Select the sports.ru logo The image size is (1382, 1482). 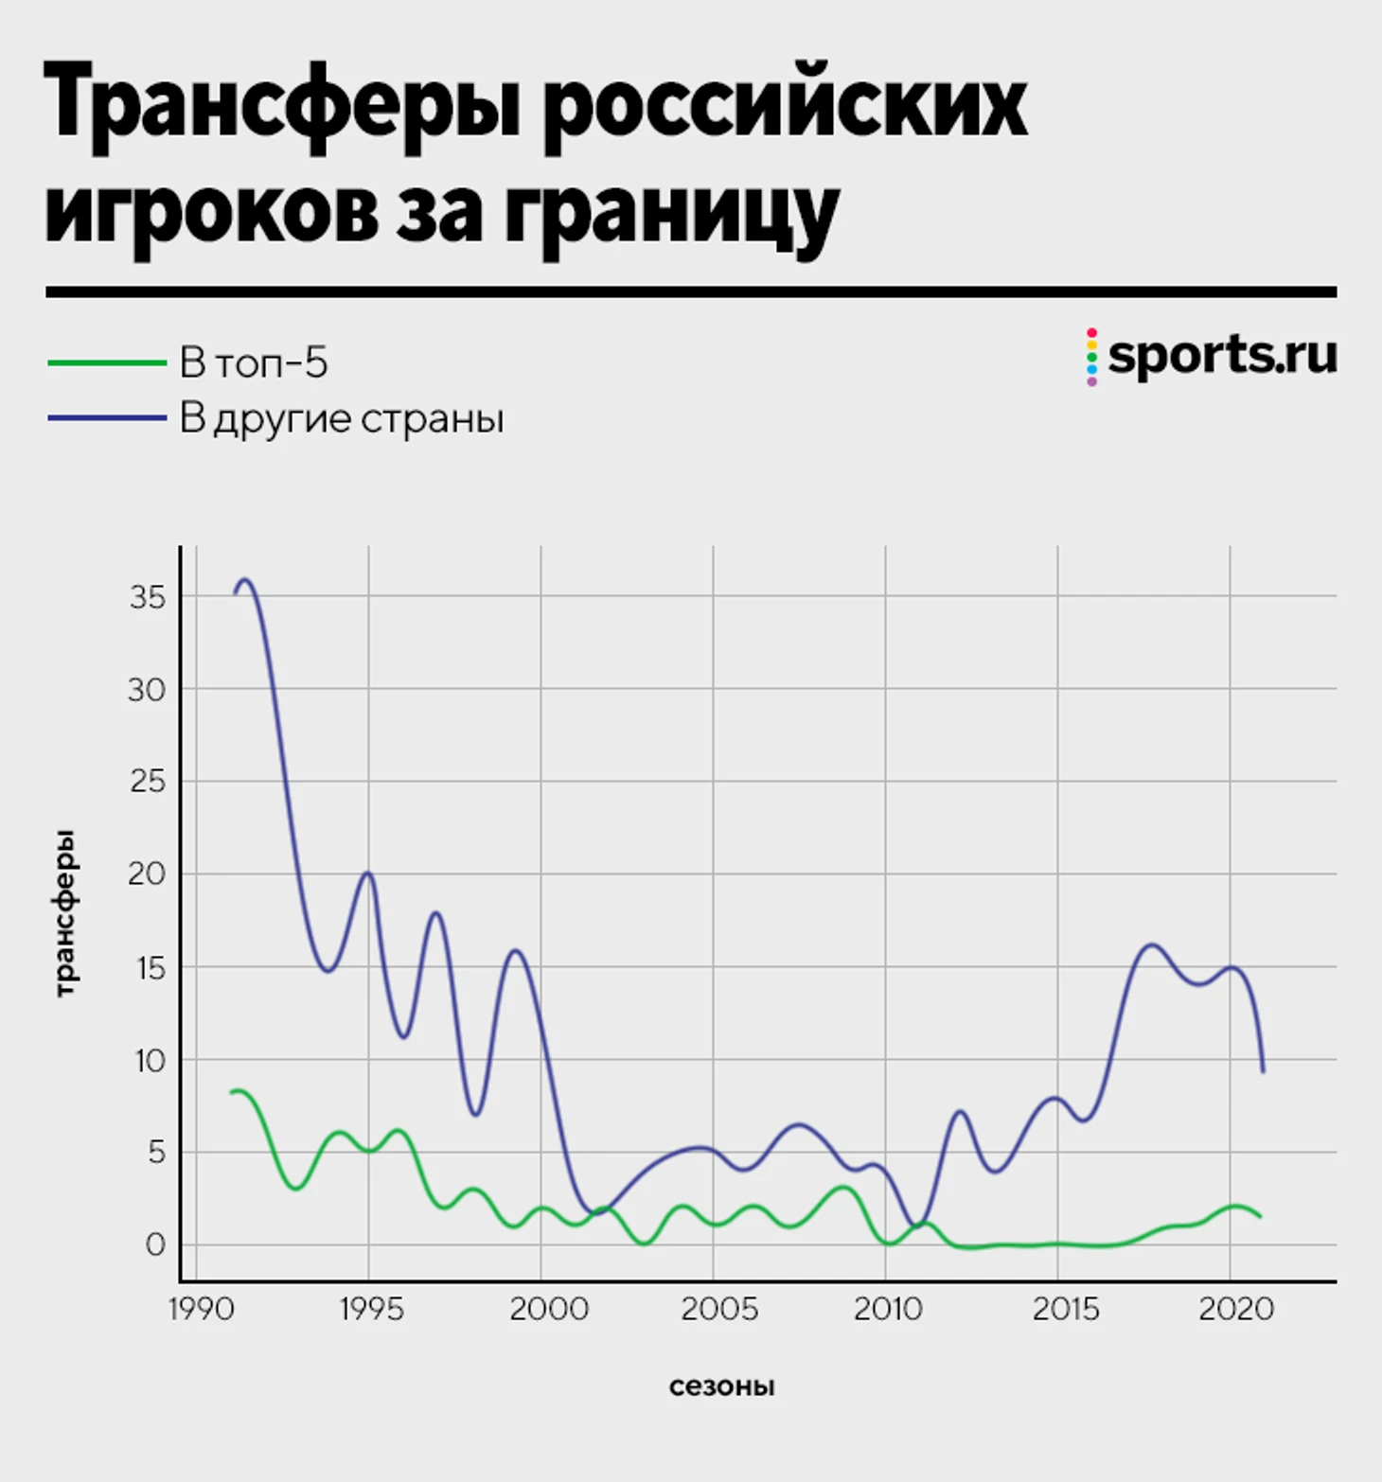[x=1212, y=356]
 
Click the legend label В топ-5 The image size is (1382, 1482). [x=254, y=363]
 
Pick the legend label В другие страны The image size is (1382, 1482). [x=342, y=418]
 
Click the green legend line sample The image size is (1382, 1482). [x=107, y=363]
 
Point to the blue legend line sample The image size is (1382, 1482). [x=107, y=418]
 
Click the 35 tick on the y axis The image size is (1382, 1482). [x=148, y=597]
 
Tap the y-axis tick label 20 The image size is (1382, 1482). [x=147, y=873]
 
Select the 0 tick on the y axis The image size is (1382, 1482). [x=155, y=1244]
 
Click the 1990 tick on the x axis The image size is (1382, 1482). [x=201, y=1309]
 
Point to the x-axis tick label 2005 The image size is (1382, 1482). [x=719, y=1309]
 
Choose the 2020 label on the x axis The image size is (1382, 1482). [x=1236, y=1309]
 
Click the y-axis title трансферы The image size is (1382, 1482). [x=64, y=914]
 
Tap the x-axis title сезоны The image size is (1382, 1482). [x=721, y=1386]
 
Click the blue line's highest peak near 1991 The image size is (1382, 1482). [x=245, y=580]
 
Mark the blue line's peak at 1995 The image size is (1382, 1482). [x=368, y=873]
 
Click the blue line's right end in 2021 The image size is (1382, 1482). [x=1263, y=1071]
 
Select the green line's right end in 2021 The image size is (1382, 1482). [x=1260, y=1216]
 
